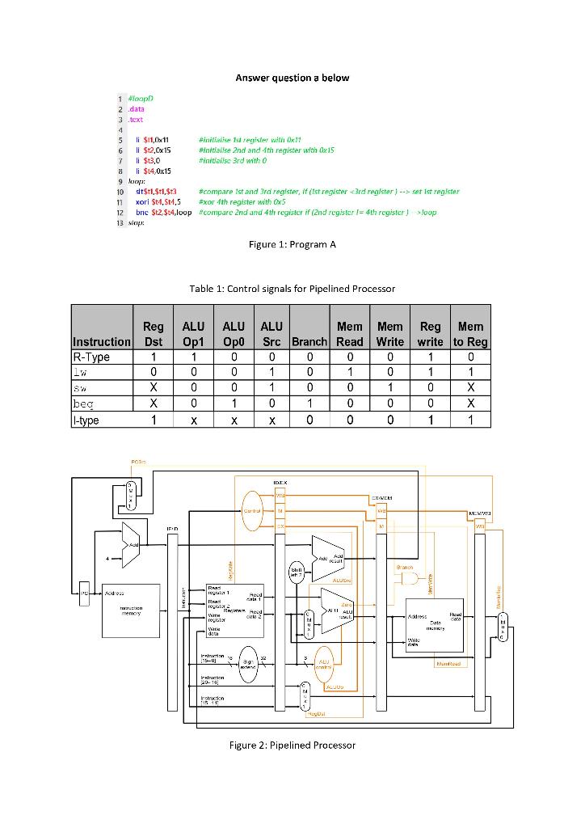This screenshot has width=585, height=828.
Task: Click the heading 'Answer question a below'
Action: pos(292,78)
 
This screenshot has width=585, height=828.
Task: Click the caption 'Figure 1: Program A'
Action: pos(292,246)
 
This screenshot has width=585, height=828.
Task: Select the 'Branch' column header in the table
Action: pos(310,342)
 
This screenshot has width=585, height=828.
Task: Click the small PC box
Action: pos(85,592)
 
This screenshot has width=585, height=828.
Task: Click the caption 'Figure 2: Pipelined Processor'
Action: pos(292,745)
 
